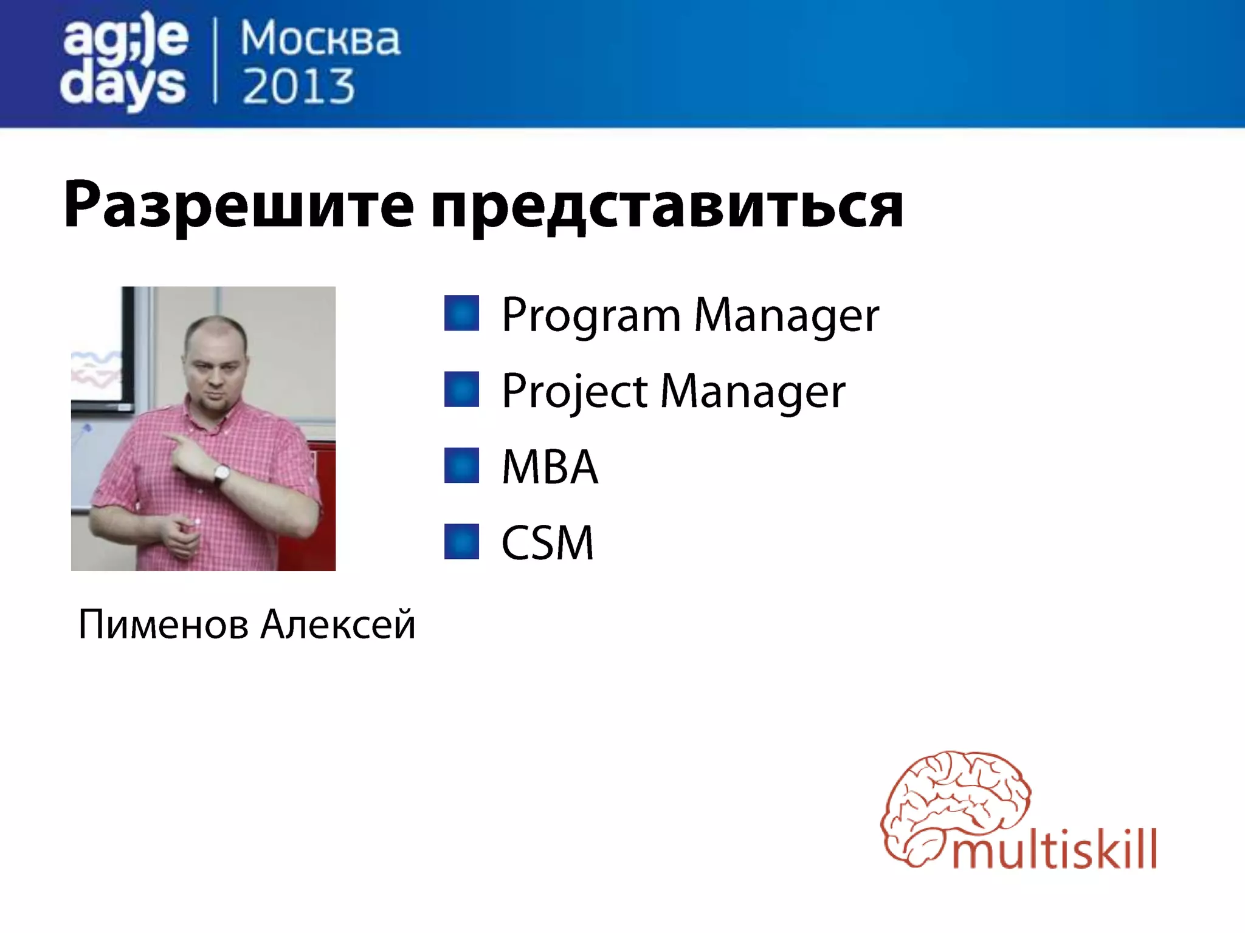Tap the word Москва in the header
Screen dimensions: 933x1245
320,39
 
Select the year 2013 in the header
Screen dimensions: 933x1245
298,86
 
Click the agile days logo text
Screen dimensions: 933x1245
124,64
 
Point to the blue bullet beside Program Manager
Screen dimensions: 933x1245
461,313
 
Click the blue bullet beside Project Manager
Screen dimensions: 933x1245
461,389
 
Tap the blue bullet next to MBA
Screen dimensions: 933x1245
461,465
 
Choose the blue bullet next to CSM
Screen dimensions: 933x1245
461,541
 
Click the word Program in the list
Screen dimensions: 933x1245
591,316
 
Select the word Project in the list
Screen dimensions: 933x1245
574,392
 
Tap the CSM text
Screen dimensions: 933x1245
547,542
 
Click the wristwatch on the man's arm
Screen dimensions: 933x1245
222,474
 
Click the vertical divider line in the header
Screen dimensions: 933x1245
215,61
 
